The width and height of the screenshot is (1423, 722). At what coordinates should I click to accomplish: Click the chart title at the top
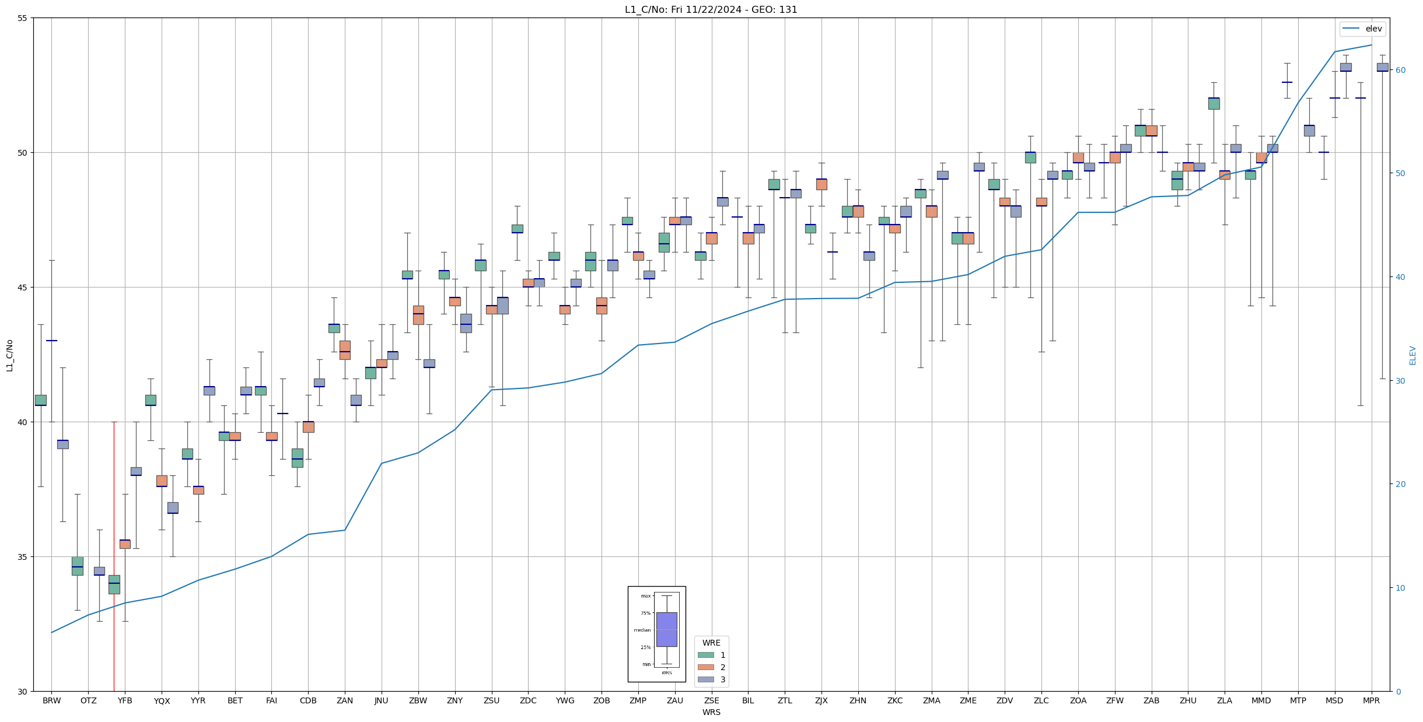711,9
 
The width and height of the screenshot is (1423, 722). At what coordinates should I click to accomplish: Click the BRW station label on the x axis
51,700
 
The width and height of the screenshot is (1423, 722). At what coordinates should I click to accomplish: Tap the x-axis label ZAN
345,700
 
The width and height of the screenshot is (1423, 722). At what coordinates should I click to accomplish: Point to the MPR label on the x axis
1371,700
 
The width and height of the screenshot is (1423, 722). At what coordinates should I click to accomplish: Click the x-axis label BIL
748,700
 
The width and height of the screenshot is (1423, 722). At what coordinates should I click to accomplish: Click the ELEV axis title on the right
1412,355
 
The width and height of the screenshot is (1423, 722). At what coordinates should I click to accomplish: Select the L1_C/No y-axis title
9,355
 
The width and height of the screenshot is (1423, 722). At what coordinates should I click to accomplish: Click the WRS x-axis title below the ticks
711,712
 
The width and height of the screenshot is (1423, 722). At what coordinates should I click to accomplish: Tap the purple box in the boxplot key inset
666,629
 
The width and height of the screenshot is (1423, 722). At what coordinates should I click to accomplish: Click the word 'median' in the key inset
642,630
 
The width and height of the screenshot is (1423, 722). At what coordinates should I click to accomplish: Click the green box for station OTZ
78,566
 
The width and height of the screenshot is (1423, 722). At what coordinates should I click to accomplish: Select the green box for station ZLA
1214,103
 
